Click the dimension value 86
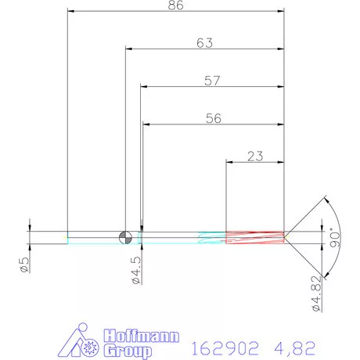[175, 6]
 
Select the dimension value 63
[204, 44]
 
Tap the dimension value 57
[211, 80]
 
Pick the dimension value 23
[254, 156]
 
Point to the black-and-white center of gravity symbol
[124, 236]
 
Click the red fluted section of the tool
[254, 236]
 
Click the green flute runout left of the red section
[211, 236]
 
